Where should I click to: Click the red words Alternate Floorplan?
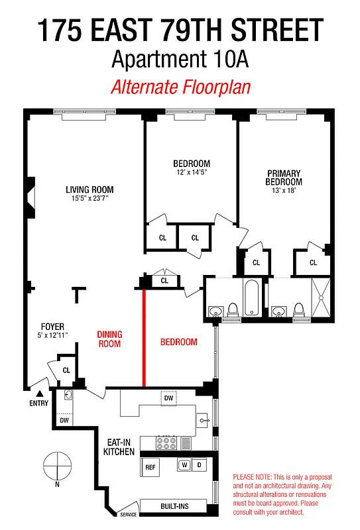[x=180, y=87]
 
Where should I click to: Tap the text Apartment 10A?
[x=180, y=60]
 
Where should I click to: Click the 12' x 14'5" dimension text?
[x=192, y=174]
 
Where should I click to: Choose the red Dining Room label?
[x=110, y=339]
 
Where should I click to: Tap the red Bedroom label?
[x=179, y=343]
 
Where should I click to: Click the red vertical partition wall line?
[x=144, y=338]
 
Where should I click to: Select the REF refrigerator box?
[x=150, y=466]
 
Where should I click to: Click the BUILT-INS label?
[x=174, y=507]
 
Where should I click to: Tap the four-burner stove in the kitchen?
[x=166, y=443]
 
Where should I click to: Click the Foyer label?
[x=52, y=327]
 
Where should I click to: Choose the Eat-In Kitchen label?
[x=119, y=447]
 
